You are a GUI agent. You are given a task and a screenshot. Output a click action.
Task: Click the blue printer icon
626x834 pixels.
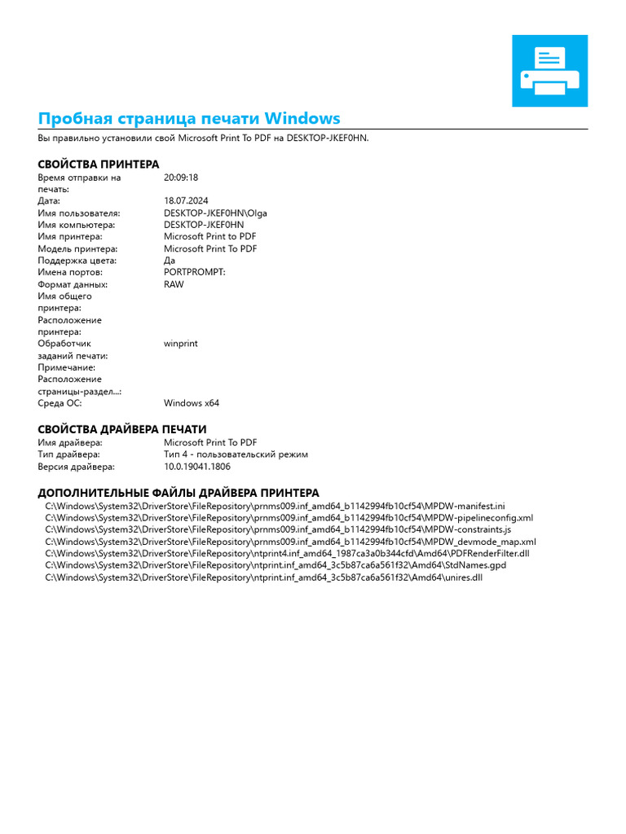pos(549,71)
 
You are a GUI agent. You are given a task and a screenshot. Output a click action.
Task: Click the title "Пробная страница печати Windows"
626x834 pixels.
pos(189,118)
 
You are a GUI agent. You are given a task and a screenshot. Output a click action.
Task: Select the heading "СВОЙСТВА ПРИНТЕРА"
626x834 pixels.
pos(99,165)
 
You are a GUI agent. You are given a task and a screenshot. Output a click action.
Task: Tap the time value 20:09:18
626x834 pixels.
pos(181,178)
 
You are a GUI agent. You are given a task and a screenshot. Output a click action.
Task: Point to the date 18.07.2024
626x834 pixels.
pos(186,201)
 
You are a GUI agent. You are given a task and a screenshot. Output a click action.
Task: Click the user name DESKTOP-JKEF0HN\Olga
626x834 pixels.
pos(215,213)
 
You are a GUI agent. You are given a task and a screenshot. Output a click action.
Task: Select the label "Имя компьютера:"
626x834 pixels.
pos(77,225)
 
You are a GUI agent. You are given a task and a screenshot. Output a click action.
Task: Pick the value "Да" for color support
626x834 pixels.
pos(170,261)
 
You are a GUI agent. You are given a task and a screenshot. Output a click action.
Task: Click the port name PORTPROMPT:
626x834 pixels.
pos(194,273)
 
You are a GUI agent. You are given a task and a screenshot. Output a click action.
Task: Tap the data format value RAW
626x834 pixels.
pos(174,285)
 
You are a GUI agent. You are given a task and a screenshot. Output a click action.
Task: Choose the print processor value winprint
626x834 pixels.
pos(180,344)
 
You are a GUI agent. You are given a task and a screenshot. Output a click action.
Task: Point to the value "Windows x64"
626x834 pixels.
pos(192,403)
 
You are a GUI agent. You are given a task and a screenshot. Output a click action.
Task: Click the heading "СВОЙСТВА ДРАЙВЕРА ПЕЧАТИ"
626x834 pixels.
pos(122,429)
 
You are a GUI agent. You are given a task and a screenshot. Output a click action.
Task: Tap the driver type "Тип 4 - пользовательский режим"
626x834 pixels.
pos(236,455)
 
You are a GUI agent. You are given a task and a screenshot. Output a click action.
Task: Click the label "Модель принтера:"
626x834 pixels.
pos(77,249)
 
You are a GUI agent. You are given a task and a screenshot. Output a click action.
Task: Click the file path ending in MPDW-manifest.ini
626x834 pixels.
pos(275,506)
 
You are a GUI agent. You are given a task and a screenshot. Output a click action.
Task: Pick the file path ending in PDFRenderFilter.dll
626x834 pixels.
pos(287,554)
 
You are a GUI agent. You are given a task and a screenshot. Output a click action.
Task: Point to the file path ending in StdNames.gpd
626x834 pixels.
pos(276,565)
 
